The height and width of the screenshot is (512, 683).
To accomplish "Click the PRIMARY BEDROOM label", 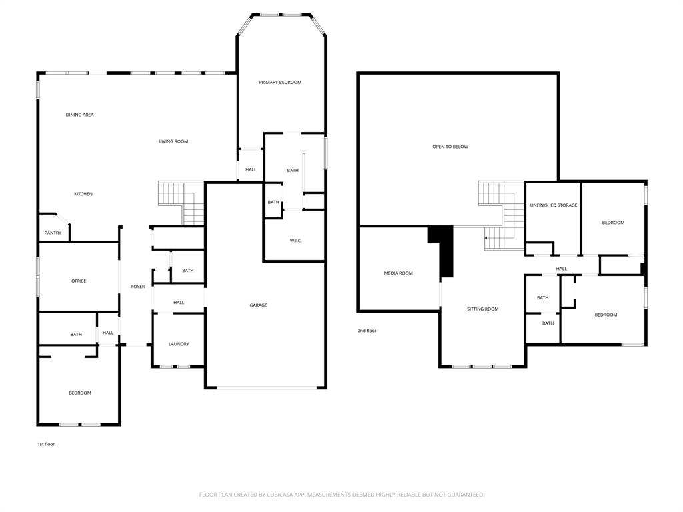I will coord(280,83).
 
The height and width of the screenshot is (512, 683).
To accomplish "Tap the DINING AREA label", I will coord(79,115).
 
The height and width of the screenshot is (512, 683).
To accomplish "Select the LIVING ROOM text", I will coord(173,141).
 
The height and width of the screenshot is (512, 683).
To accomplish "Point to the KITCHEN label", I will coord(83,194).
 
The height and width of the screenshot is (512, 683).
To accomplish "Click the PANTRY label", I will coord(53,233).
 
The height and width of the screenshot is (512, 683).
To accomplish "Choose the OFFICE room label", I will coord(79,281).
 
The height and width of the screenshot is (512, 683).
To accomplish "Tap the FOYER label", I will coord(137,287).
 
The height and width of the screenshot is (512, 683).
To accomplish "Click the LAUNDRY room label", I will coord(179,344).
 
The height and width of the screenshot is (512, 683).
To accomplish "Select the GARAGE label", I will coord(258,305).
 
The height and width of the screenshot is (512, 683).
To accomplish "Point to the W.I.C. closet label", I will coord(295,241).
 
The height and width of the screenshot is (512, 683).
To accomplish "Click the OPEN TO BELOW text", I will coord(450,147).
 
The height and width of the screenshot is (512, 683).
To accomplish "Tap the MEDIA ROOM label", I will coord(398,273).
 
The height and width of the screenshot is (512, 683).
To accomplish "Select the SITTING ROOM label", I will coord(482,309).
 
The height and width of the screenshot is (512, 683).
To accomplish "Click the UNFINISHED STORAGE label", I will coord(554,205).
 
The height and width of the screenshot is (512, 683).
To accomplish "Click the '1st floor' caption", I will coord(46,444).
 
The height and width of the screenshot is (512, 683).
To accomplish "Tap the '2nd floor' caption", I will coord(367,331).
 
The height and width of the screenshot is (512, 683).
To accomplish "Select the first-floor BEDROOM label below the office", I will coord(80,393).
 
